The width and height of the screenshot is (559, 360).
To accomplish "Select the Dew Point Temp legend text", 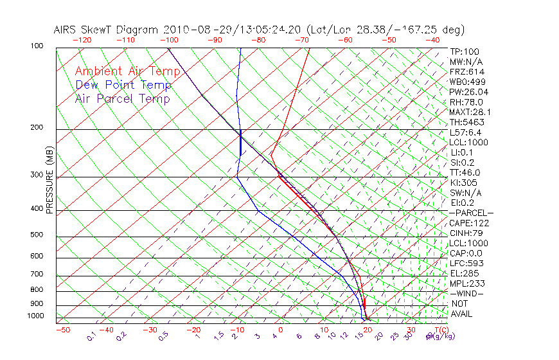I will pos(123,85).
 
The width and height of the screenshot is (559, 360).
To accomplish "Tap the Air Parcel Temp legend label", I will pos(122,98).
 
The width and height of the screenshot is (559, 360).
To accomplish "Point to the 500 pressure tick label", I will pos(36,235).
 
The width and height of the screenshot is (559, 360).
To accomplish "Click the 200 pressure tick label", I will pos(36,128).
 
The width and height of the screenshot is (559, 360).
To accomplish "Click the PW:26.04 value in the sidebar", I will pos(466,92).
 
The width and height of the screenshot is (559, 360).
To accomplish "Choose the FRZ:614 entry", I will pos(465,72).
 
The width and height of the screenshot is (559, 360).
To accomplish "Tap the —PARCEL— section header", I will pos(471,213).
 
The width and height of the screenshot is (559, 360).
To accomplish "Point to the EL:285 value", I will pos(464,273).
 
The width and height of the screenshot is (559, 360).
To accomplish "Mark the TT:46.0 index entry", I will pos(465,172).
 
